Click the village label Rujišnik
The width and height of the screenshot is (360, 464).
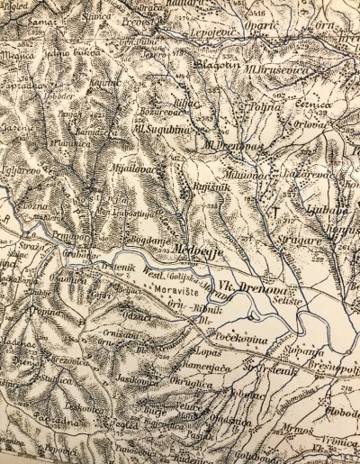(210, 186)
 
